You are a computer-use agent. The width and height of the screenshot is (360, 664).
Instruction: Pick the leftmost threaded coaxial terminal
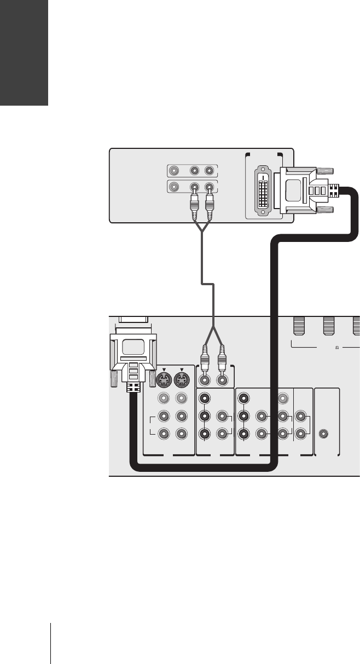[298, 326]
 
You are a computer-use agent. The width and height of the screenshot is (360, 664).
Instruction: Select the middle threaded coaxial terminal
[329, 326]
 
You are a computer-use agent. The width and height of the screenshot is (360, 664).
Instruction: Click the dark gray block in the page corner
[24, 53]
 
